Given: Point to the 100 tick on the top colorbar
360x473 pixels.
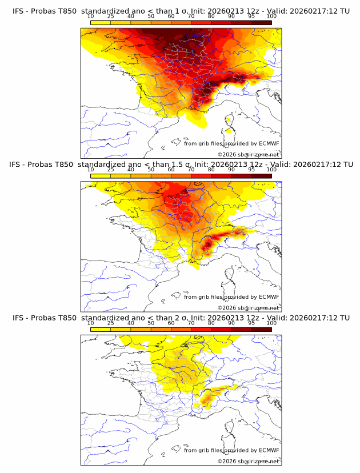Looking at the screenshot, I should pos(271,16).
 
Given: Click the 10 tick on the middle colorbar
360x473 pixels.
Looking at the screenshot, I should pos(91,170).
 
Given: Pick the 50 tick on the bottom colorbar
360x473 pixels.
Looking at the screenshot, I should pos(151,323).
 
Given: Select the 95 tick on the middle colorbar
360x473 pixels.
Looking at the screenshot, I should pos(251,170).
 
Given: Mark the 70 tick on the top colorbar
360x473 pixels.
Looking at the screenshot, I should pos(191,16).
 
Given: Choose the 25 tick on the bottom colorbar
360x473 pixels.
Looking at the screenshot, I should pos(111,323).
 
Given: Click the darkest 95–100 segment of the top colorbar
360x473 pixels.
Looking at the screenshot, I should pos(261,23).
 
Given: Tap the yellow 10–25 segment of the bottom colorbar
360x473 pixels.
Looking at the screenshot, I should pos(101,329).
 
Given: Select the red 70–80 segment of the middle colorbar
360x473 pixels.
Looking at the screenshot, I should pos(201,176).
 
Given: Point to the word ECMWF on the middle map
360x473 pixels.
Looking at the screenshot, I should pos(269,296).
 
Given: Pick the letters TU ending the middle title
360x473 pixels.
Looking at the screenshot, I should pos(344,164).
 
